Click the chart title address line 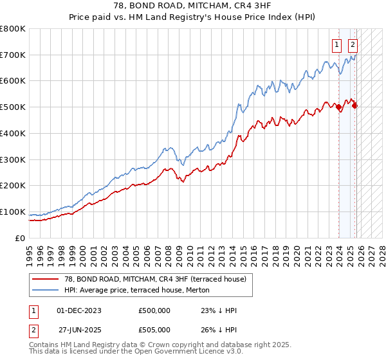[193, 6]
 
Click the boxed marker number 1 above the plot [336, 45]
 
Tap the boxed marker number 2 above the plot [353, 45]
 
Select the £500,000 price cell [154, 310]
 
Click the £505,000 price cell [154, 329]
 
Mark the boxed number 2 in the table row [34, 329]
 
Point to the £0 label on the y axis [19, 238]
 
